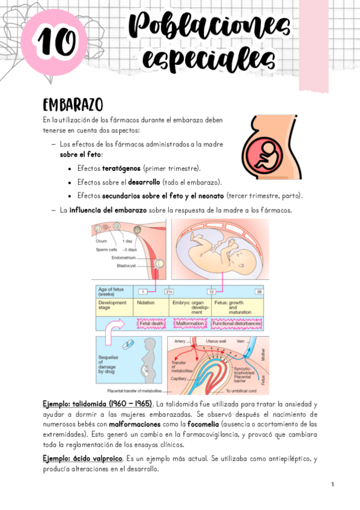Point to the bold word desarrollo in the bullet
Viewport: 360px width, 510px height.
(x=144, y=182)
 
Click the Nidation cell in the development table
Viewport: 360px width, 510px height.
(x=146, y=303)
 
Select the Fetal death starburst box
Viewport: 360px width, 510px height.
(x=151, y=324)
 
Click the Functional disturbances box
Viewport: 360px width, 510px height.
(x=237, y=324)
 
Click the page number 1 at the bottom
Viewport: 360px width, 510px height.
(x=332, y=484)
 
